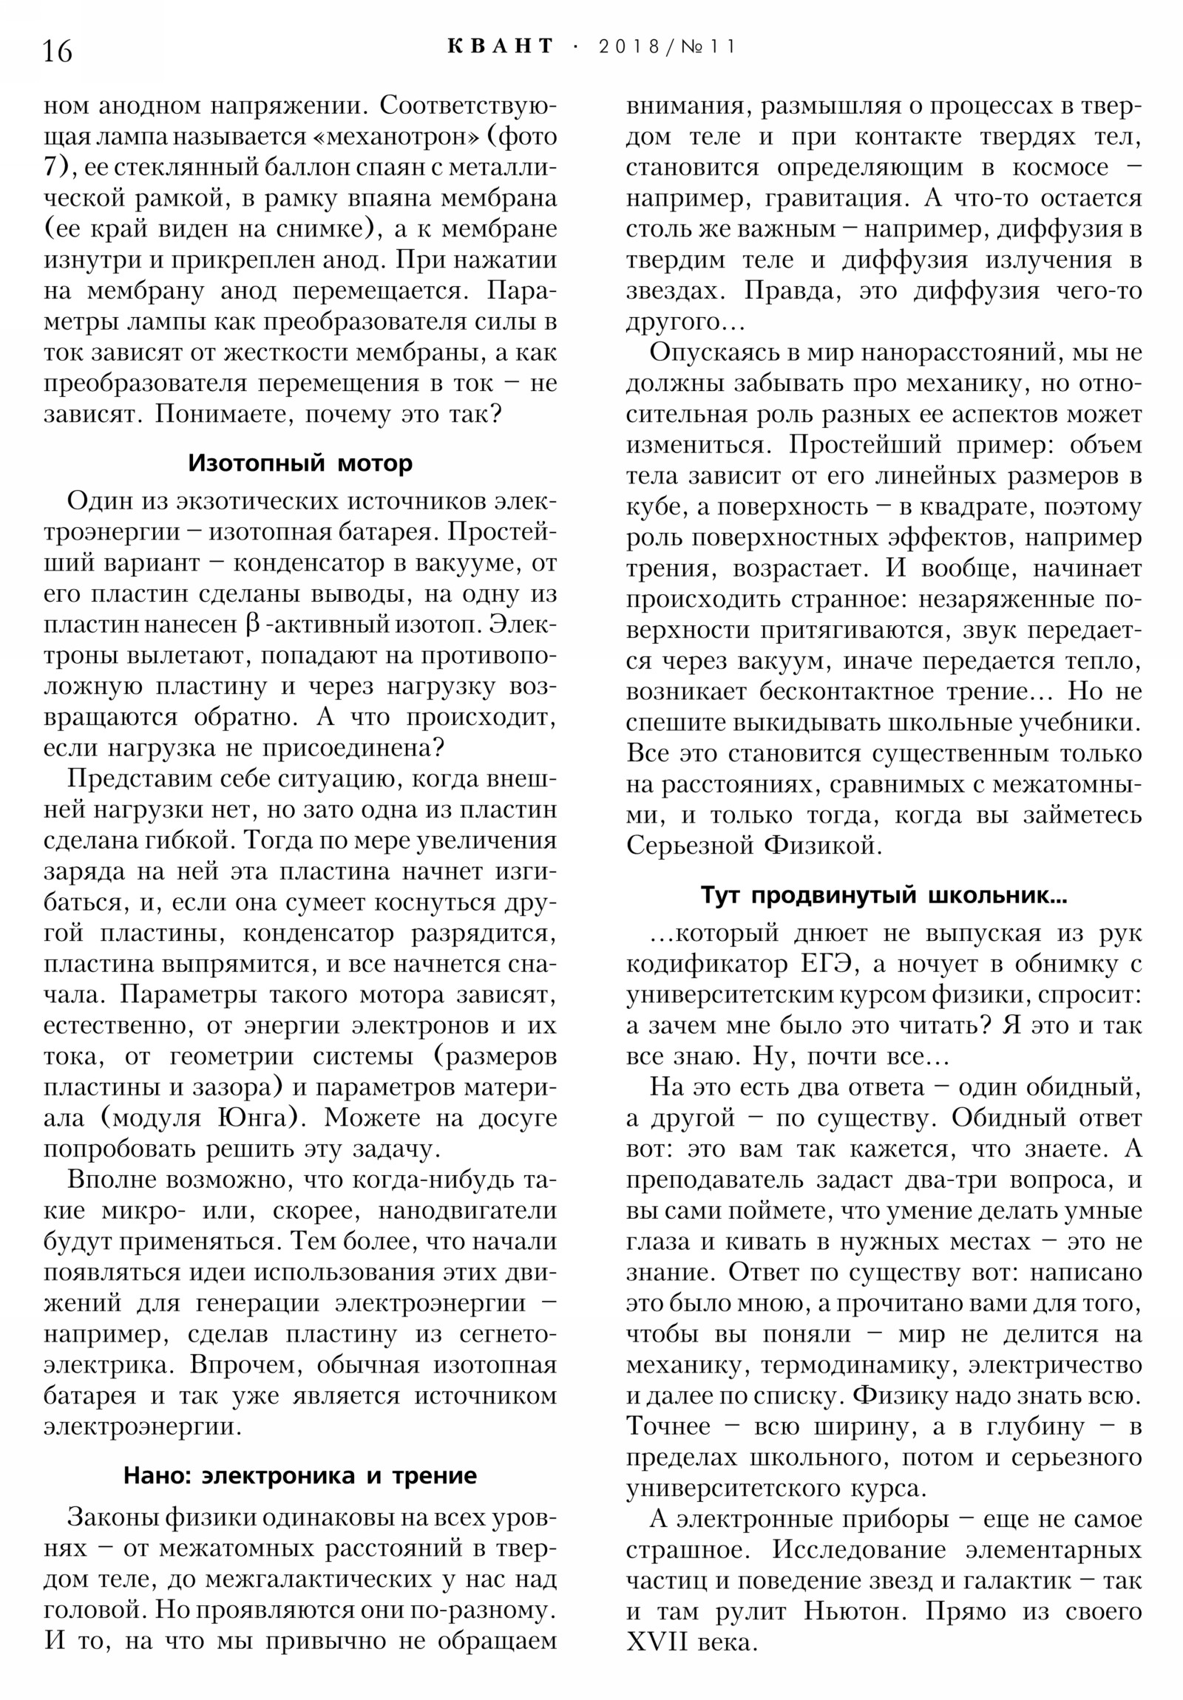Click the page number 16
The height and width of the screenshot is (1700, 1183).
coord(58,52)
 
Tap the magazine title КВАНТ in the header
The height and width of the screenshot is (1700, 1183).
coord(501,47)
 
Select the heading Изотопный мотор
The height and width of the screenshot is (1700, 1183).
coord(300,463)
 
